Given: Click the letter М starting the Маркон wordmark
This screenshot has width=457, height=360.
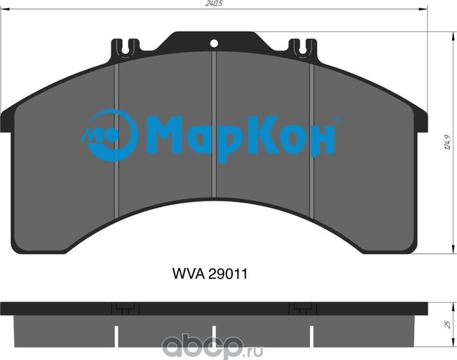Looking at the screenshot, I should pyautogui.click(x=168, y=135).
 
